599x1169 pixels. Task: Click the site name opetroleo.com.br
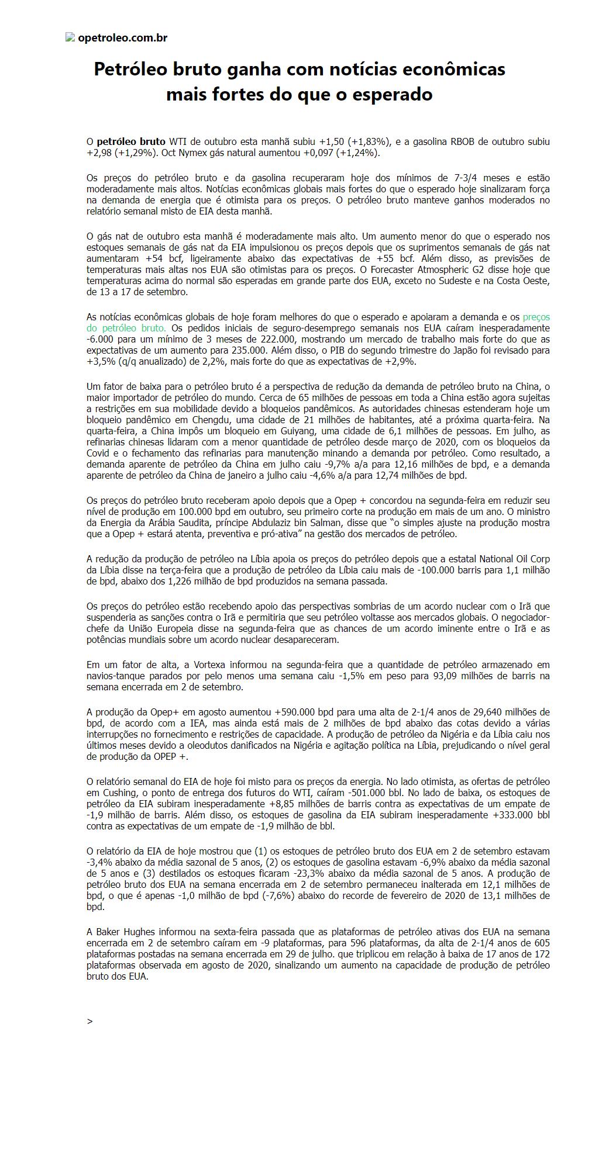coord(122,38)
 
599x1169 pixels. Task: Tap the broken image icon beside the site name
coord(70,37)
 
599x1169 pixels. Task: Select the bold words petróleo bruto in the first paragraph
coord(131,141)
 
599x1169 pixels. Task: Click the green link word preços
coord(536,317)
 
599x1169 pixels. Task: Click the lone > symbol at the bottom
coord(89,1021)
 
